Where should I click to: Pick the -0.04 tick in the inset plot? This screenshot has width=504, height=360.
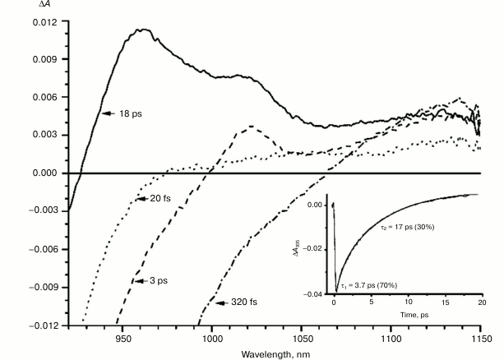312,293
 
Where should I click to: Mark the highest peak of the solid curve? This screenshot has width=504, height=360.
143,30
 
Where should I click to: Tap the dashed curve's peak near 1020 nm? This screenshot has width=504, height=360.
252,126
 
